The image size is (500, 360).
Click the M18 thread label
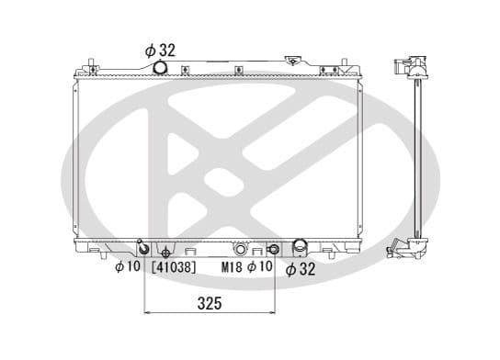(234, 267)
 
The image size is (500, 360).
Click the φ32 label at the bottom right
(301, 268)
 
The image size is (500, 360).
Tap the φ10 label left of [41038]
(126, 267)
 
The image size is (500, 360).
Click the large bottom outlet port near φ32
(300, 247)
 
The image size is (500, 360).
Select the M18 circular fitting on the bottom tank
(241, 248)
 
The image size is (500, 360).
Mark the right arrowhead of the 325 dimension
(272, 312)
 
